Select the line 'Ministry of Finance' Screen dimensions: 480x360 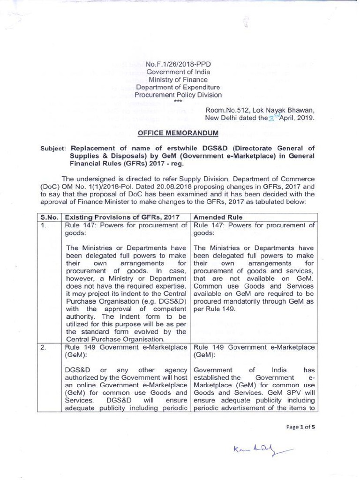tap(178, 80)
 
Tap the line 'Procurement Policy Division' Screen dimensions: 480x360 tap(178, 95)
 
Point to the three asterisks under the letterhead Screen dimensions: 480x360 tap(178, 101)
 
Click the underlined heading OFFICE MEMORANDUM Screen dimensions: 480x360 tap(178, 133)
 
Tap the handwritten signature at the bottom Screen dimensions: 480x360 tap(258, 451)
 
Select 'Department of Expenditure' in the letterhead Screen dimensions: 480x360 tap(178, 87)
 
